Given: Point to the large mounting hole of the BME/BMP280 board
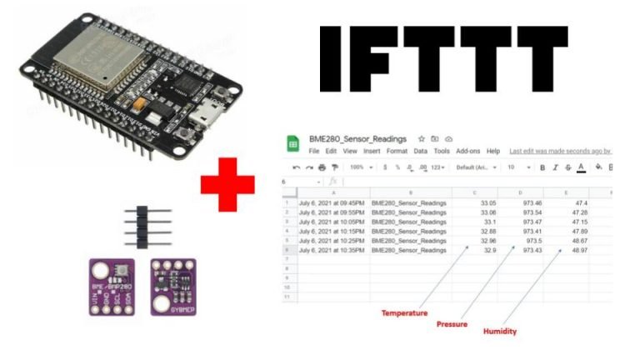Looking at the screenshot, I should point(102,272).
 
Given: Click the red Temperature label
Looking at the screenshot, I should point(404,313).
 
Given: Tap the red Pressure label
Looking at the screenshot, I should point(452,323).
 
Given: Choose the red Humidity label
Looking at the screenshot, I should point(500,331).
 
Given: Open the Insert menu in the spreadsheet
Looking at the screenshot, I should point(372,151).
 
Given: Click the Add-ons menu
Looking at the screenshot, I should point(468,151).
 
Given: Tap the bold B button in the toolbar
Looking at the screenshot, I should point(542,167).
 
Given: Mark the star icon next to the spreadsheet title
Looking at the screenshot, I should point(422,138).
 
